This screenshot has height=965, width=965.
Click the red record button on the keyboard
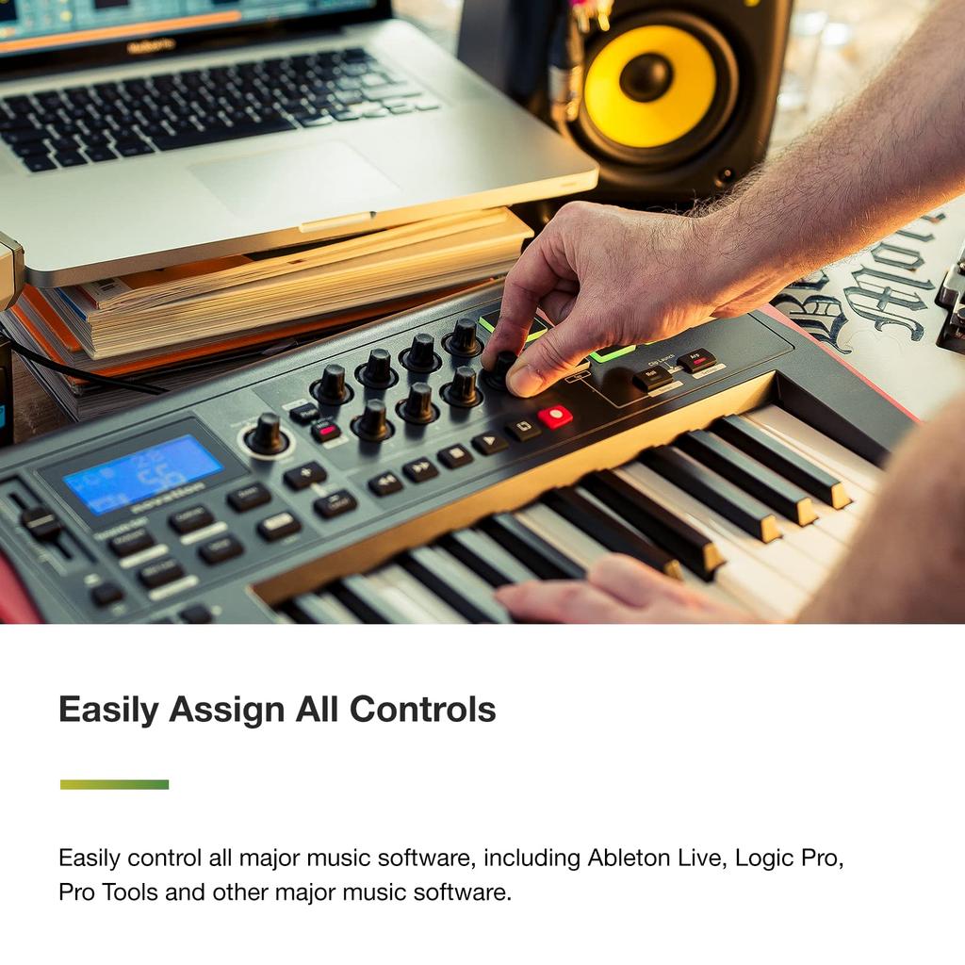tap(555, 417)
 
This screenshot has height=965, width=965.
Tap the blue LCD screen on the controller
tap(143, 474)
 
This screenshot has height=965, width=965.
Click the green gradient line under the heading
tap(114, 784)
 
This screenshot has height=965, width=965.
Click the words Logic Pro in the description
tap(788, 858)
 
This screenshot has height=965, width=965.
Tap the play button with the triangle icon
tap(489, 442)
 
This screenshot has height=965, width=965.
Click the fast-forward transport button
tap(419, 469)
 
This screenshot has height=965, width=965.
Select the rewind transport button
tap(384, 483)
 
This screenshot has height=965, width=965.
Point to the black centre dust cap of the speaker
tap(646, 77)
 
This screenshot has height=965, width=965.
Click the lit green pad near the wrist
tap(612, 353)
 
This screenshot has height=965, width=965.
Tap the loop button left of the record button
tap(521, 429)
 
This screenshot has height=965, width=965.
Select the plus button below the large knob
tap(304, 475)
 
